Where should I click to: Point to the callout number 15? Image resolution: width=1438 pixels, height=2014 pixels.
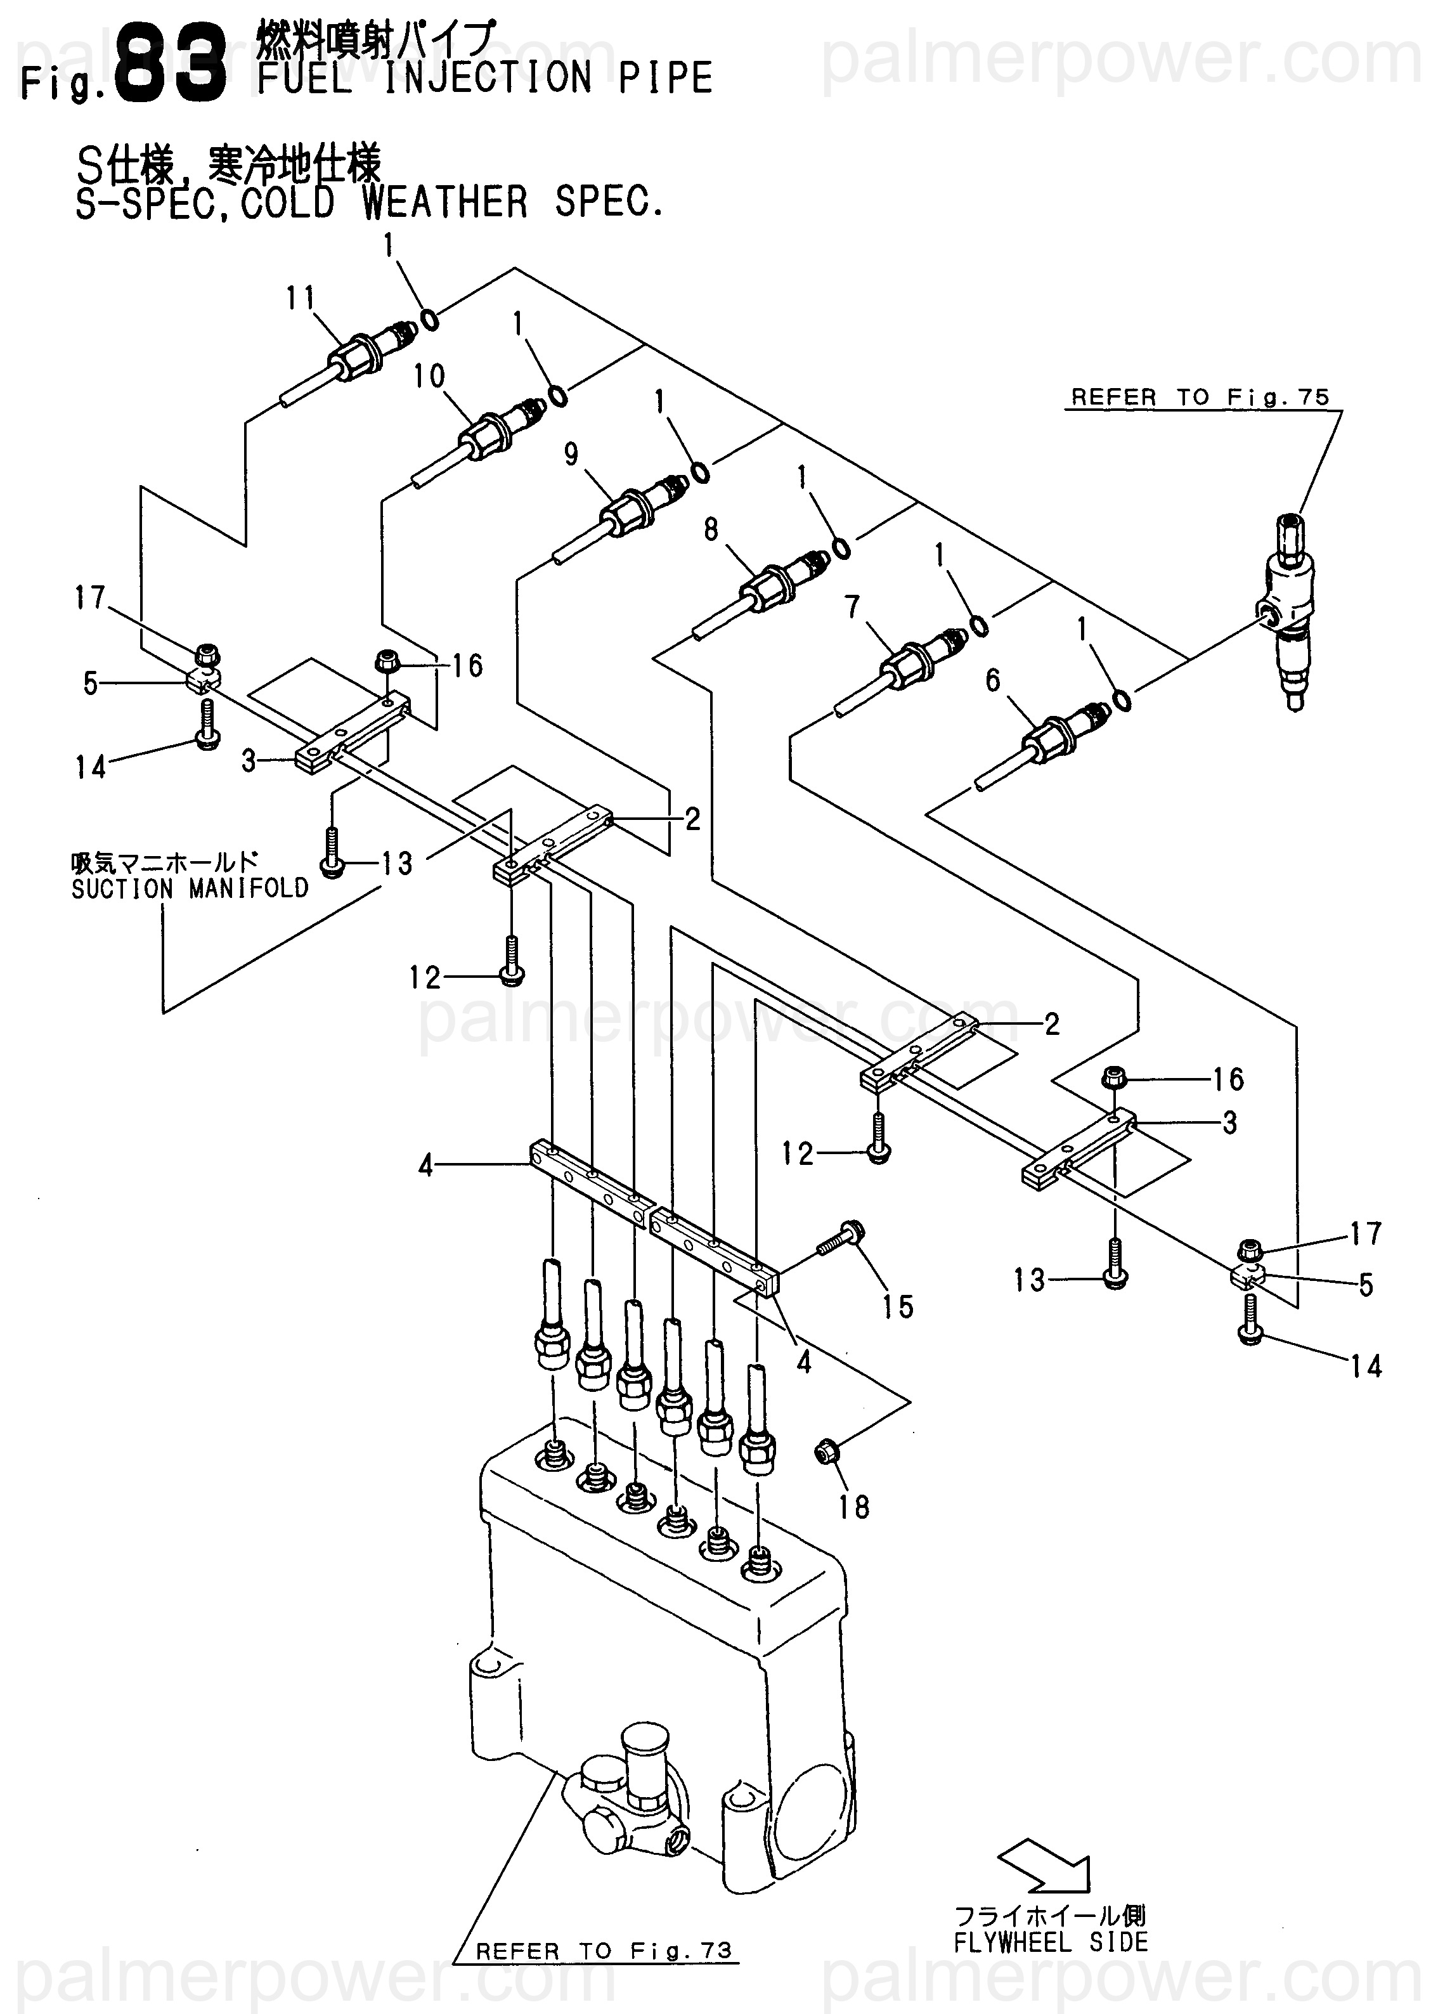[897, 1306]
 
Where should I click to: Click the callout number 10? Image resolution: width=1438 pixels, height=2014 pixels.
[429, 377]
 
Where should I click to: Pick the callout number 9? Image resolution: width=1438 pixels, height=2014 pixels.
[571, 454]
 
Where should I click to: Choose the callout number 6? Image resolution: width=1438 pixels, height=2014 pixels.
[993, 680]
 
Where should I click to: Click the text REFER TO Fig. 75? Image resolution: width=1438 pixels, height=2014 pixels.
[1201, 398]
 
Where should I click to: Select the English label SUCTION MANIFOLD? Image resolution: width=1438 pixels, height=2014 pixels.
[190, 889]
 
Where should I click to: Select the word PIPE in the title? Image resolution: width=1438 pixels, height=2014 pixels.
[666, 78]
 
